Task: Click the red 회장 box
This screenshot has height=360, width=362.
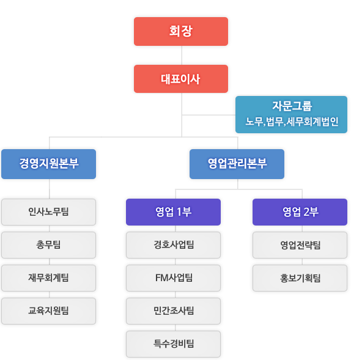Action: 181,31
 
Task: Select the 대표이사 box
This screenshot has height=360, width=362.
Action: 181,79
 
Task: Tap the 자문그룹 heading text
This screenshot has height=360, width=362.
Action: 292,106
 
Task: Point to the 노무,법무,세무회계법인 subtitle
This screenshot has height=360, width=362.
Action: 292,122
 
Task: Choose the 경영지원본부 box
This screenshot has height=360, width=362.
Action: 48,164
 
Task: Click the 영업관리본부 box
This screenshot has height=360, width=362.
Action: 237,164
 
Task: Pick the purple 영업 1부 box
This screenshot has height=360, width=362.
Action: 174,212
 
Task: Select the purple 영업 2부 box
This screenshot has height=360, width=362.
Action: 300,212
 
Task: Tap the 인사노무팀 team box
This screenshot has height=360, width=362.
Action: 48,212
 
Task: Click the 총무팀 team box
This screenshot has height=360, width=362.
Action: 48,245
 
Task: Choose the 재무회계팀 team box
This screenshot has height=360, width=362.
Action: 48,278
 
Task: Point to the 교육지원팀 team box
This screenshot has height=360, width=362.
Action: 48,311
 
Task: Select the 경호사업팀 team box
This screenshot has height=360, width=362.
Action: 174,245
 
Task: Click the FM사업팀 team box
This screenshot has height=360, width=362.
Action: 174,278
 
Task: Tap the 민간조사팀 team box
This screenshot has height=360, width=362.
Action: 174,311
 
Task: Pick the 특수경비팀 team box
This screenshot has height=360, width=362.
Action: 174,344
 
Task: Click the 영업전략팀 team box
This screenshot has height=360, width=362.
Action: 300,245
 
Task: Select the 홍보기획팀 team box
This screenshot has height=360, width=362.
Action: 300,278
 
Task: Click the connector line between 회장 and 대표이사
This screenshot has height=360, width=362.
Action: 182,56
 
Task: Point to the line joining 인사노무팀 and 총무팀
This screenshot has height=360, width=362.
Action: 50,229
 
